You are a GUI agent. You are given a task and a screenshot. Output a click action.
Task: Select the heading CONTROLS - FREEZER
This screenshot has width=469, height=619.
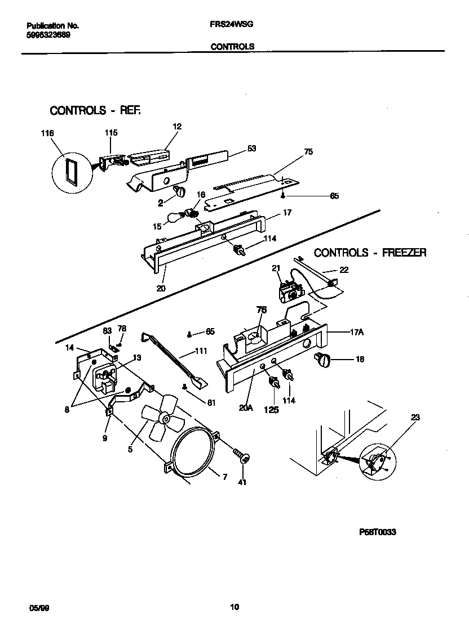point(370,253)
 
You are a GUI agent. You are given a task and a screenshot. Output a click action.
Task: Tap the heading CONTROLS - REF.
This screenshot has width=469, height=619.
point(95,110)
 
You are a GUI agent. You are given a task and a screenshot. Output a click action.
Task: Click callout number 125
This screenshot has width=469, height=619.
point(271,410)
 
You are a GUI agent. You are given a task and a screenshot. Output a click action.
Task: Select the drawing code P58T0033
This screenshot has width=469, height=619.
point(377,532)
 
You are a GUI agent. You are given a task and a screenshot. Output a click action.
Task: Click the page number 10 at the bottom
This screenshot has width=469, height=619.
point(235,607)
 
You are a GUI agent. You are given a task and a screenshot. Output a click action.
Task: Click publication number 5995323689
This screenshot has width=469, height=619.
point(49,35)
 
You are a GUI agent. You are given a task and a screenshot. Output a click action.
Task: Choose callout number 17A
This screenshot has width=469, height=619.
point(356,333)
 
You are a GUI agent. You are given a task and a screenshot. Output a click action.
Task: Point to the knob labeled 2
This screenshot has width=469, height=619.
point(180,192)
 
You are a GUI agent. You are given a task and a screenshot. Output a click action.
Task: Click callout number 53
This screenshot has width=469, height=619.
point(251,149)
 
